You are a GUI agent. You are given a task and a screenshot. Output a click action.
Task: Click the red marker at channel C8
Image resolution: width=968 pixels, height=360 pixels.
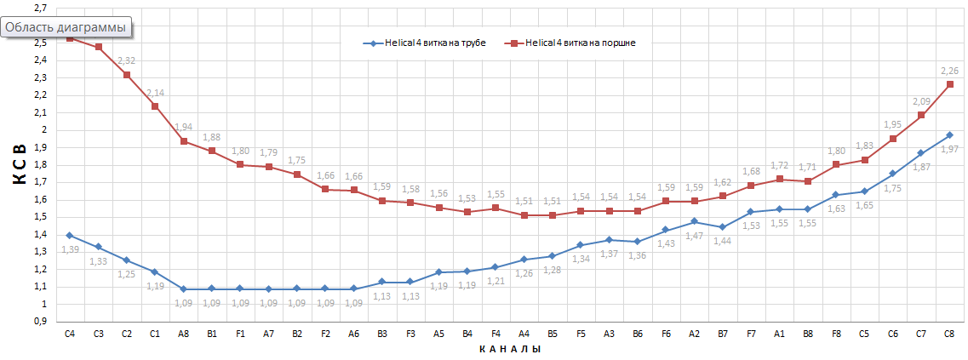tap(949, 84)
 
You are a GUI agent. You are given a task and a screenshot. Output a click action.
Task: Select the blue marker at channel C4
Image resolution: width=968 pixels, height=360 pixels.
tap(70, 236)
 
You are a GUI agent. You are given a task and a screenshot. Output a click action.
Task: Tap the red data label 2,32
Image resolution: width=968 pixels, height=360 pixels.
tap(126, 61)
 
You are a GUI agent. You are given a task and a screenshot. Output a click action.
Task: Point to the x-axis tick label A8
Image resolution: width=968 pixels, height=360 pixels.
tap(183, 334)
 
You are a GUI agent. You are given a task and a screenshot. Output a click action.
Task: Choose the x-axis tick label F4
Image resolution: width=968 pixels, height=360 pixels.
tap(495, 334)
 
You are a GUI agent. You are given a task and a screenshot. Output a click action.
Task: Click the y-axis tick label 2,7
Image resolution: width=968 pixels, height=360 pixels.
tap(40, 8)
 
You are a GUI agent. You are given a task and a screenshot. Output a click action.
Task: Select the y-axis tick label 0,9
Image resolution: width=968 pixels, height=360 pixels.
tap(40, 322)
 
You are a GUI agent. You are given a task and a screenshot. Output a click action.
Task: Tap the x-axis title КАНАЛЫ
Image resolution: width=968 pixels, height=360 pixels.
tap(509, 349)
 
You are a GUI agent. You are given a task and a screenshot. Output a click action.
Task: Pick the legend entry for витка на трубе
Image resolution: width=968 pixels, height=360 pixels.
tap(424, 43)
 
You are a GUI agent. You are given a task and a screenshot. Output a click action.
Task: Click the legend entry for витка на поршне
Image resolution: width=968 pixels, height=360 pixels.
tap(574, 43)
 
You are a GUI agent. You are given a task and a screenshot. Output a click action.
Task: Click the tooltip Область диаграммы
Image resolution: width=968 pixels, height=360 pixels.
tap(66, 27)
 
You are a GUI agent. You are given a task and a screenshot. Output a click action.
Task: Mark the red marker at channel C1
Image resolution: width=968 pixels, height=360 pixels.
tap(155, 106)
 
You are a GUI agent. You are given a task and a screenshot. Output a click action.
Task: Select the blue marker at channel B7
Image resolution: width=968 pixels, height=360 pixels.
tap(722, 227)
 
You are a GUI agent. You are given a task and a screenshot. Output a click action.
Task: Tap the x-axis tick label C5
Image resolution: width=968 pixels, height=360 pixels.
tap(864, 334)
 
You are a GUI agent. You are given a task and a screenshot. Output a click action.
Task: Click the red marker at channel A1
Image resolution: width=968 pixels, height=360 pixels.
tap(779, 180)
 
